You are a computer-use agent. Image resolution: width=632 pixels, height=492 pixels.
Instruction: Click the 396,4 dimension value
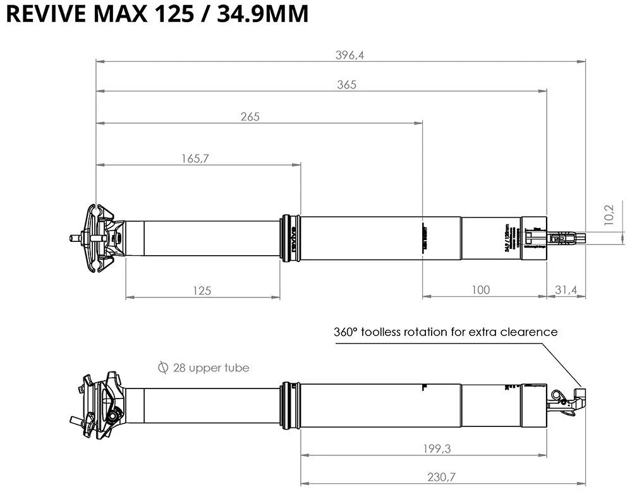[349, 55]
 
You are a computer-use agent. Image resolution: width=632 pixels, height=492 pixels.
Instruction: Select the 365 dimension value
[347, 85]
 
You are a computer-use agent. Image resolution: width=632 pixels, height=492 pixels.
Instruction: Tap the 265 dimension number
[250, 116]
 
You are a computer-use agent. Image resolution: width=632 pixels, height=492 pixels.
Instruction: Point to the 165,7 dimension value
[195, 159]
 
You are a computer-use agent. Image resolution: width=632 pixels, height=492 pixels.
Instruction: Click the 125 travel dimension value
[202, 290]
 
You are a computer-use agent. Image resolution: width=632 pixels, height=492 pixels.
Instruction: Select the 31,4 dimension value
[566, 290]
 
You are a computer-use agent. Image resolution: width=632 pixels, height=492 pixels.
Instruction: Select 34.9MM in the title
[263, 15]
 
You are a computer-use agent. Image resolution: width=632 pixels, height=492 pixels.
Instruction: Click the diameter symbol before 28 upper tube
[164, 368]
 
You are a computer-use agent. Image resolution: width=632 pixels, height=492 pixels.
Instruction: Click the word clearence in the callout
[528, 332]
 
